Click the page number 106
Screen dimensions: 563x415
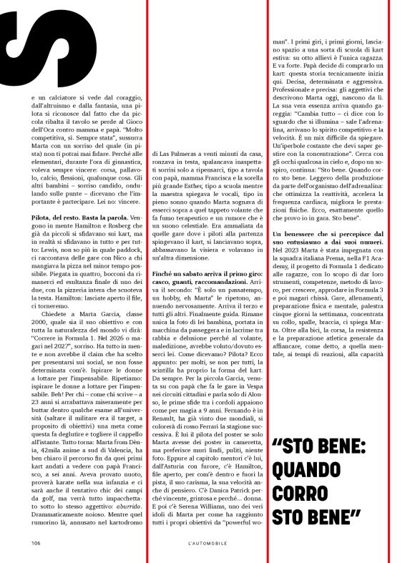(35, 542)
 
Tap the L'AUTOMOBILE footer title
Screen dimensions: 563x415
(208, 542)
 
